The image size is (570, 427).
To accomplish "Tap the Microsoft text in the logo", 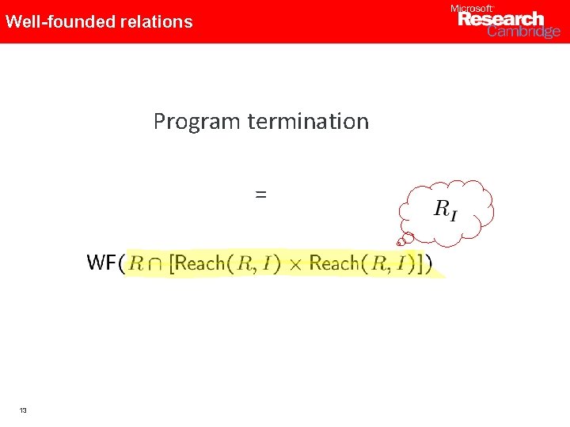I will pyautogui.click(x=471, y=8).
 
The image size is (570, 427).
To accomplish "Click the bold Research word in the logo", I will pyautogui.click(x=501, y=19).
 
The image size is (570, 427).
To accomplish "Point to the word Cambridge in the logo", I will pyautogui.click(x=523, y=32).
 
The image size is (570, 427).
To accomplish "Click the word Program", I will pyautogui.click(x=197, y=122).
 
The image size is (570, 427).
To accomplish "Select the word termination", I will pyautogui.click(x=308, y=121).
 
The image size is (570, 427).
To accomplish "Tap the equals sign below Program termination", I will pyautogui.click(x=260, y=193).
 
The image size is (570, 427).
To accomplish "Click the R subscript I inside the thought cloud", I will pyautogui.click(x=445, y=210).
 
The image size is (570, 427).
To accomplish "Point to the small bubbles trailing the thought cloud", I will pyautogui.click(x=405, y=237).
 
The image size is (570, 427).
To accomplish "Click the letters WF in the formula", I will pyautogui.click(x=101, y=263).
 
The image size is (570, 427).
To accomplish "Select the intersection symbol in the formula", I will pyautogui.click(x=157, y=263).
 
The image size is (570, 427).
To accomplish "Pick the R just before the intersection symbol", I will pyautogui.click(x=135, y=263).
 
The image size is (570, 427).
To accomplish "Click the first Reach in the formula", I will pyautogui.click(x=200, y=263).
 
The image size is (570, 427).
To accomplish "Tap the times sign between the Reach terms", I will pyautogui.click(x=294, y=264).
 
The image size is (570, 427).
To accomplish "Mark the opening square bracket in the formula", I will pyautogui.click(x=173, y=263).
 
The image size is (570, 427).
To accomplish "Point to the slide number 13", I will pyautogui.click(x=23, y=410).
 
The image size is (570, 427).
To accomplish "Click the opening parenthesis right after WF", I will pyautogui.click(x=121, y=263).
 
